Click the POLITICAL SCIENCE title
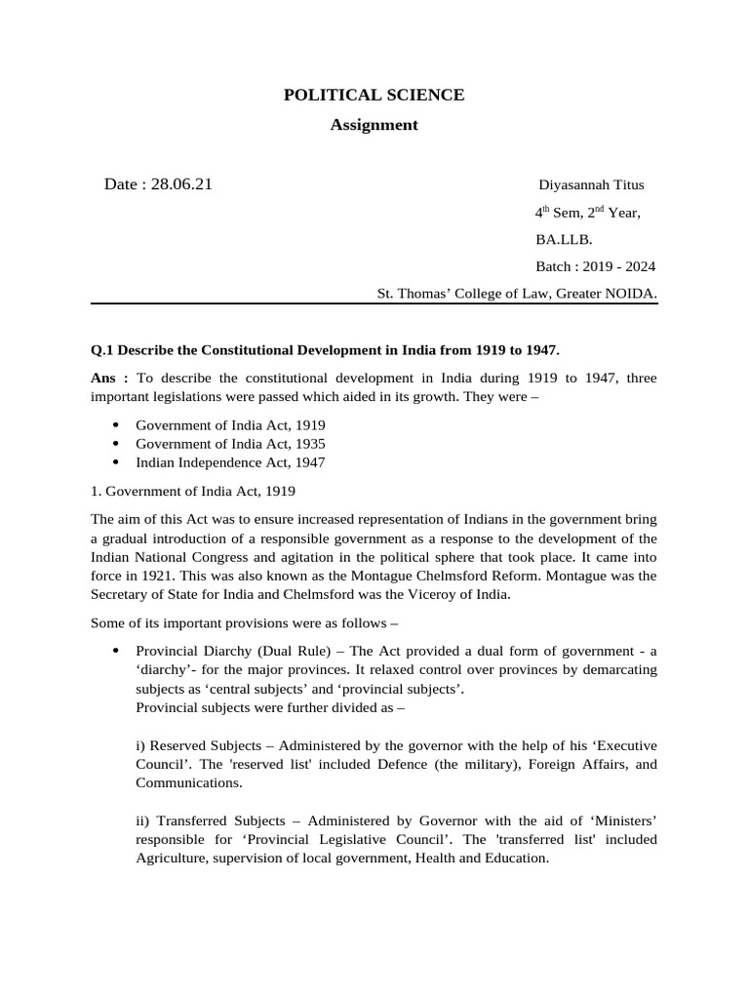click(x=374, y=95)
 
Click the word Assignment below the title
click(x=374, y=125)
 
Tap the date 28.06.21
click(x=181, y=184)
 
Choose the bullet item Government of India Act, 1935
click(x=230, y=444)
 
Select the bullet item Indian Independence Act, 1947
click(x=230, y=462)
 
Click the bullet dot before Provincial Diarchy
click(x=116, y=651)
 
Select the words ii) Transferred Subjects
click(x=206, y=820)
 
